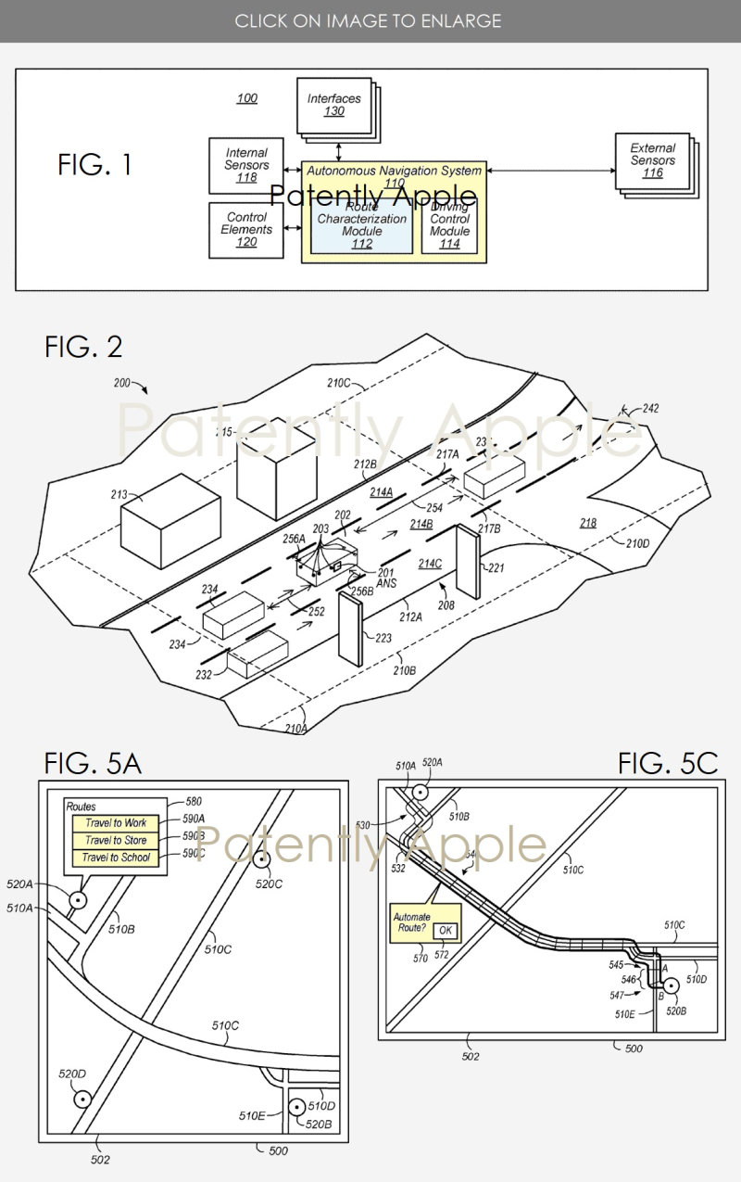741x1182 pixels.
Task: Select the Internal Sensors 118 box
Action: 246,164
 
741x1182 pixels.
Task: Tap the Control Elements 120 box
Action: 246,229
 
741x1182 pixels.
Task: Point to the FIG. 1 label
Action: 94,165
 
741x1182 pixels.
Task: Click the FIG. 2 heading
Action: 83,347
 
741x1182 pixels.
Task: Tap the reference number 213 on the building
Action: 119,495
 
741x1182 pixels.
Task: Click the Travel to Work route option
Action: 116,823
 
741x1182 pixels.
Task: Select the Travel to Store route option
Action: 116,840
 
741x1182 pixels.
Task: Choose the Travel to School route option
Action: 116,858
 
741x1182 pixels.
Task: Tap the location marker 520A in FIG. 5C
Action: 421,793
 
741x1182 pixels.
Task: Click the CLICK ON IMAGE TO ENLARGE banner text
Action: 368,20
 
